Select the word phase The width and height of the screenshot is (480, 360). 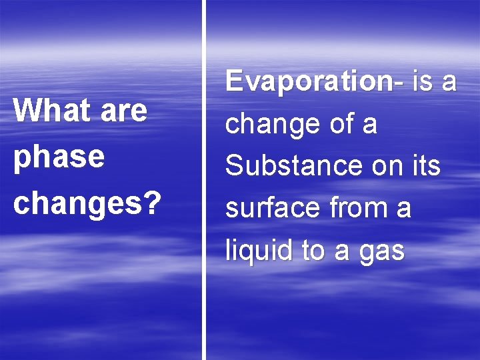[x=59, y=158]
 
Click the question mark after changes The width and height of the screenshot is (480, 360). [x=151, y=203]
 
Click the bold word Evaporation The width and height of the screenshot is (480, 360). [x=309, y=82]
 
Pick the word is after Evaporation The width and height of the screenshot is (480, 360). [x=422, y=82]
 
